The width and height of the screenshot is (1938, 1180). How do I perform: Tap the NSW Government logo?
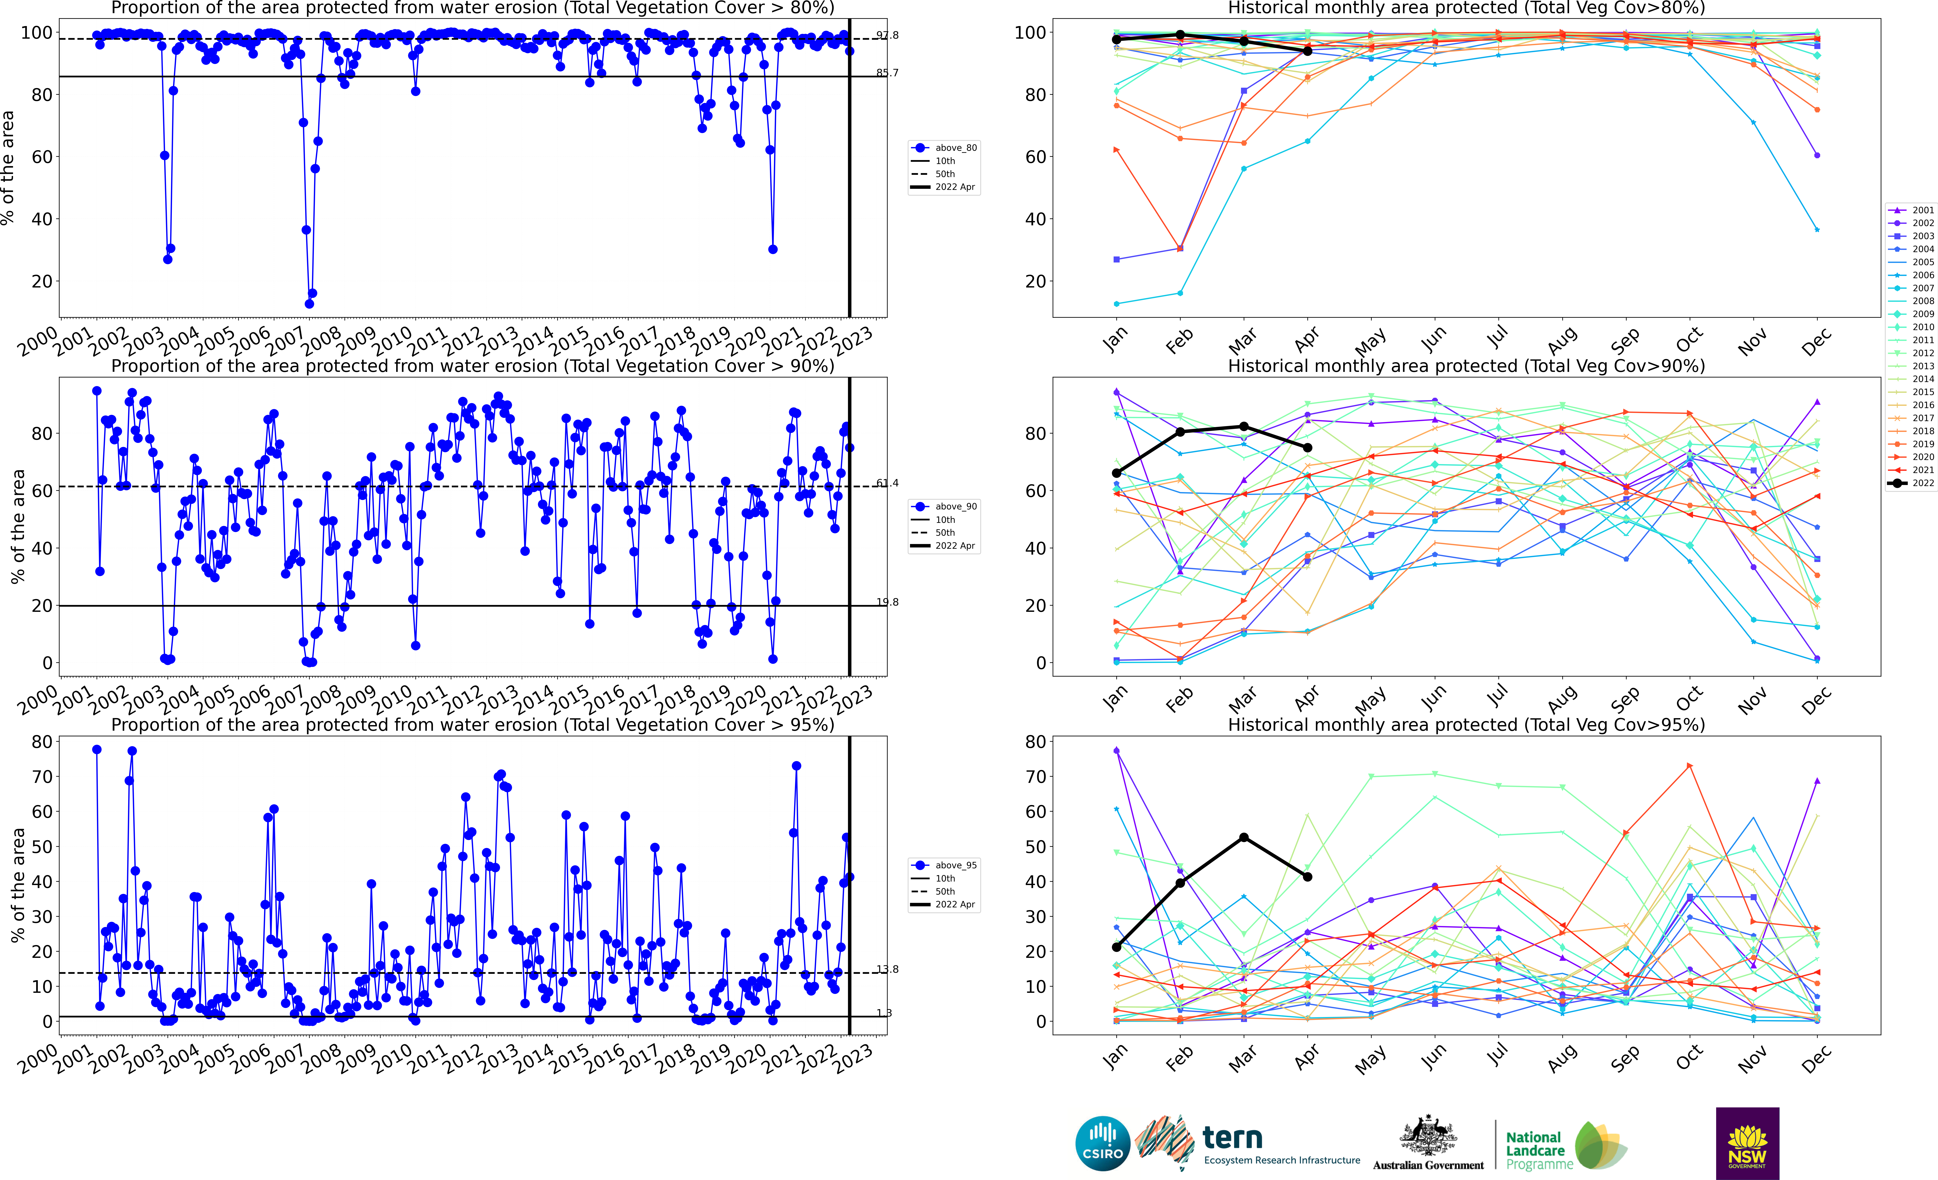pyautogui.click(x=1747, y=1143)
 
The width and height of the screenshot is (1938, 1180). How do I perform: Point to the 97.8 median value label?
pyautogui.click(x=887, y=35)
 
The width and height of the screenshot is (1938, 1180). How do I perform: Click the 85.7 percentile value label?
pyautogui.click(x=887, y=73)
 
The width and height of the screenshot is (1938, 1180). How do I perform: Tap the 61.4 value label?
pyautogui.click(x=887, y=483)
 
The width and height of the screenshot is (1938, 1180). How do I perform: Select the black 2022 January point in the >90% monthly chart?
pyautogui.click(x=1116, y=473)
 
